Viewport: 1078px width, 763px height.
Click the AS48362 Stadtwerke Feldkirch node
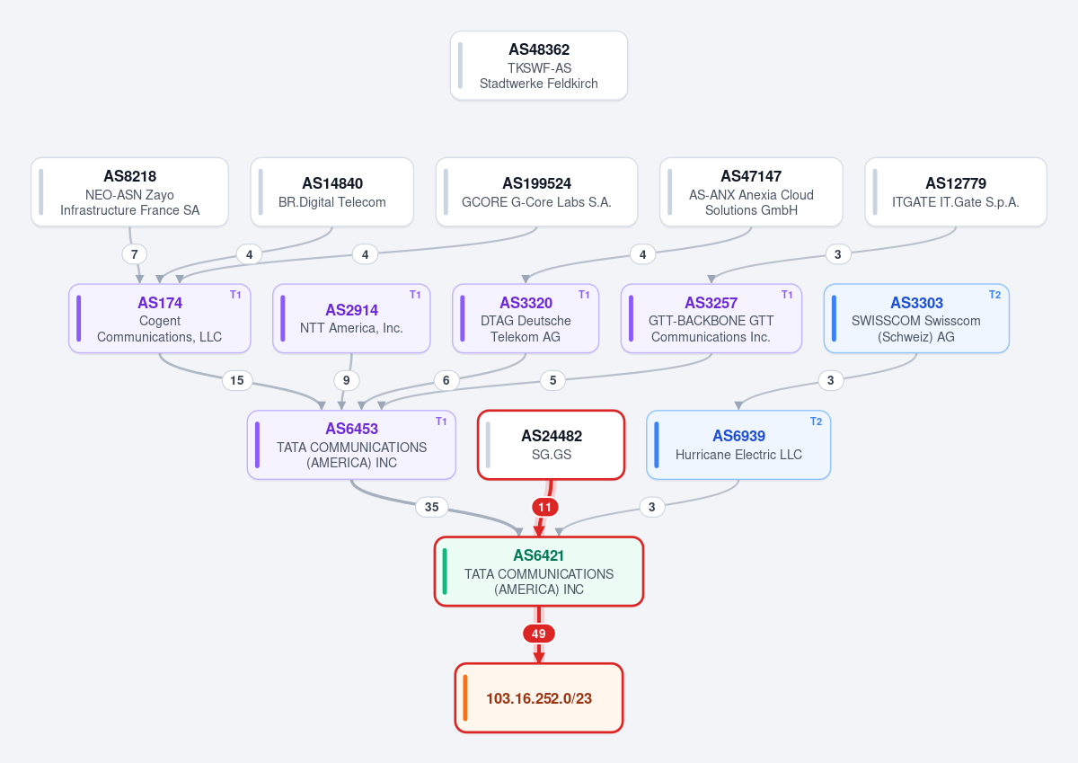click(538, 66)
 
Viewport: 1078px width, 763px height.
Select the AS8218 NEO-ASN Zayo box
click(129, 192)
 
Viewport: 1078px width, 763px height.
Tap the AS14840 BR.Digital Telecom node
click(332, 192)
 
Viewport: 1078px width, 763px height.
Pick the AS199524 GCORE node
click(536, 192)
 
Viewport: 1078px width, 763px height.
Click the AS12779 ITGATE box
click(956, 192)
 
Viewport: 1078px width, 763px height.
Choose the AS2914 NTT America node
click(351, 318)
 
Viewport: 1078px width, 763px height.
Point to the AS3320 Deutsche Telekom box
click(526, 318)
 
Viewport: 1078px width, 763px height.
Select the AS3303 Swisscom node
click(916, 318)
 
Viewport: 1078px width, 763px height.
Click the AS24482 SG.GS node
click(551, 445)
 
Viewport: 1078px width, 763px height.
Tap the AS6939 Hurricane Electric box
click(738, 445)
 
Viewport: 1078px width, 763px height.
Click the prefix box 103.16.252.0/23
click(538, 698)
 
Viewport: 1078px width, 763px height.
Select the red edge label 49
click(538, 634)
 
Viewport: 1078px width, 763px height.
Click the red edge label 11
click(544, 507)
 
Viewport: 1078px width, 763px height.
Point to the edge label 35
click(432, 507)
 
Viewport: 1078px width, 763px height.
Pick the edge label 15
click(237, 380)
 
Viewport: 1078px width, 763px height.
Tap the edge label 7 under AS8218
click(134, 254)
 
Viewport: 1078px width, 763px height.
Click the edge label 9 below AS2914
click(347, 380)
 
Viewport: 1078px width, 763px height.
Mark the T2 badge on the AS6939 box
click(817, 421)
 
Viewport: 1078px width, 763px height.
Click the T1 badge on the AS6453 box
click(441, 421)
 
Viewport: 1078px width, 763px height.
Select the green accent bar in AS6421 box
click(445, 572)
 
